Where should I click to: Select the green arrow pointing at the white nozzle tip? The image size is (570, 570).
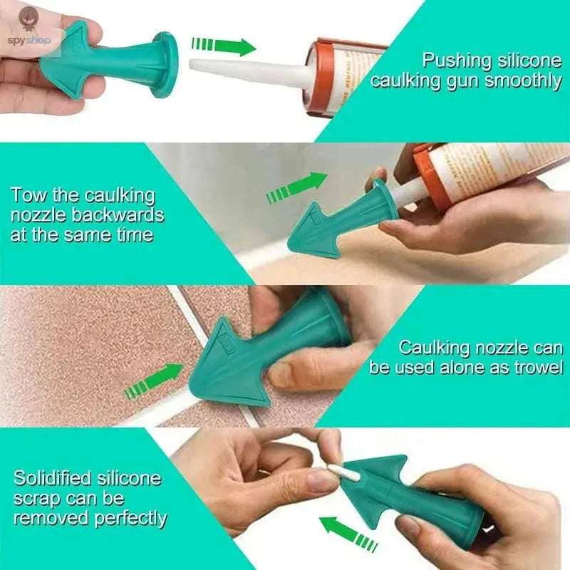click(x=223, y=46)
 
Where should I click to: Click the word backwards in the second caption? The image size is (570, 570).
click(x=125, y=214)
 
